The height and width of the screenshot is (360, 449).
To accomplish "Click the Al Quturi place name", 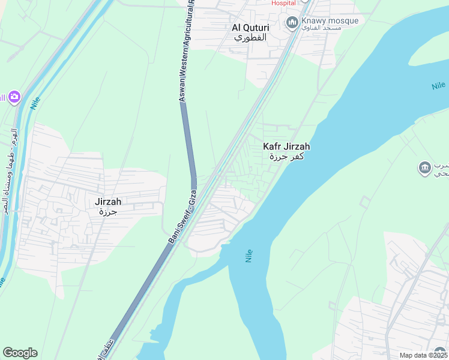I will pos(250,28).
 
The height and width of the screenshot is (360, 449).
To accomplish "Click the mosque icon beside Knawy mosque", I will pos(292,23).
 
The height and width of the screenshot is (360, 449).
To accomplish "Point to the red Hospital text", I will pos(283,3).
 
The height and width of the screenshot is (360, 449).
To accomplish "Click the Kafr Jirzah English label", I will pos(286,146).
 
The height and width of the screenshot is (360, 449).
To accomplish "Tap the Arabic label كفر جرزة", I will pos(286,157).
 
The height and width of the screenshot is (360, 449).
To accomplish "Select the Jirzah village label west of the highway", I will pos(109,202).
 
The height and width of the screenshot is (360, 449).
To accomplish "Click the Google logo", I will pos(20,353).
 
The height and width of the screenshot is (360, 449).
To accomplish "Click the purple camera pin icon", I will pos(14,97).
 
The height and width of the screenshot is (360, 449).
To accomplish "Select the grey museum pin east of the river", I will pos(424,166).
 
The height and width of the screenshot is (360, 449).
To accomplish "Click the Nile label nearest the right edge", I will pos(438,86).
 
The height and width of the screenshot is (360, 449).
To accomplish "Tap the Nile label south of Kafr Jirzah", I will pos(249,256).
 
